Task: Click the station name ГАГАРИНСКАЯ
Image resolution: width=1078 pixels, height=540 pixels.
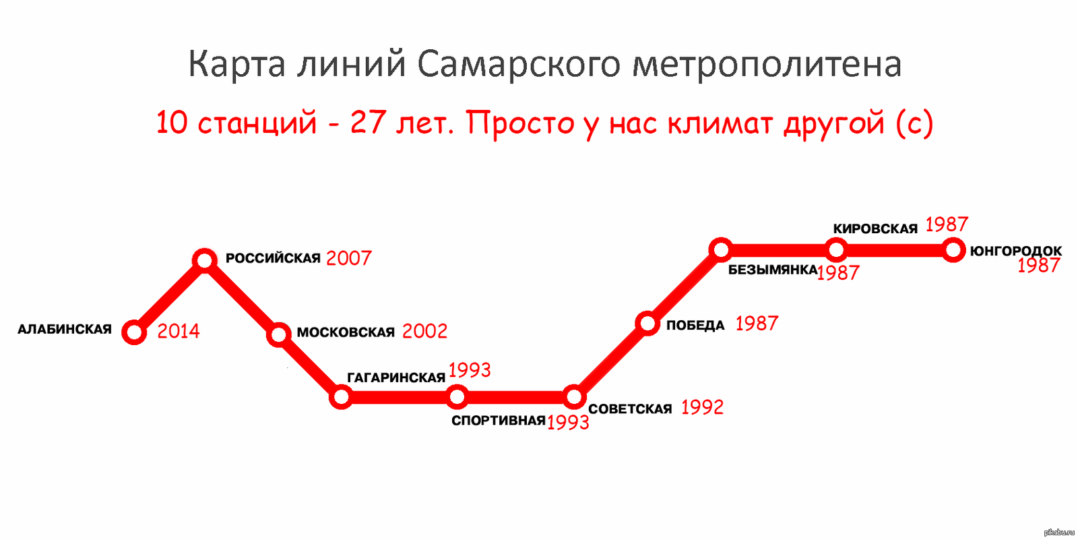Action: (396, 378)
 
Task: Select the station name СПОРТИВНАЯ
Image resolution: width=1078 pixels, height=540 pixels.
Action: (499, 421)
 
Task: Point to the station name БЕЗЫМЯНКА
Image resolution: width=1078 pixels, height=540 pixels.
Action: (773, 270)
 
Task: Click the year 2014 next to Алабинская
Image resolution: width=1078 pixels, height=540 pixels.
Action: (179, 331)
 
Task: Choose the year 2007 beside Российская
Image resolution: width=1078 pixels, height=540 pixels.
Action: (349, 258)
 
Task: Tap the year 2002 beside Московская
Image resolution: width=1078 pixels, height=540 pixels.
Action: (425, 331)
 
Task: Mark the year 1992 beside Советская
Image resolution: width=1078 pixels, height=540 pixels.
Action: (703, 408)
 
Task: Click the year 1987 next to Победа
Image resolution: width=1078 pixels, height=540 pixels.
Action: (757, 324)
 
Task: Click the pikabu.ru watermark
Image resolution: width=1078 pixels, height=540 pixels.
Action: (1059, 533)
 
